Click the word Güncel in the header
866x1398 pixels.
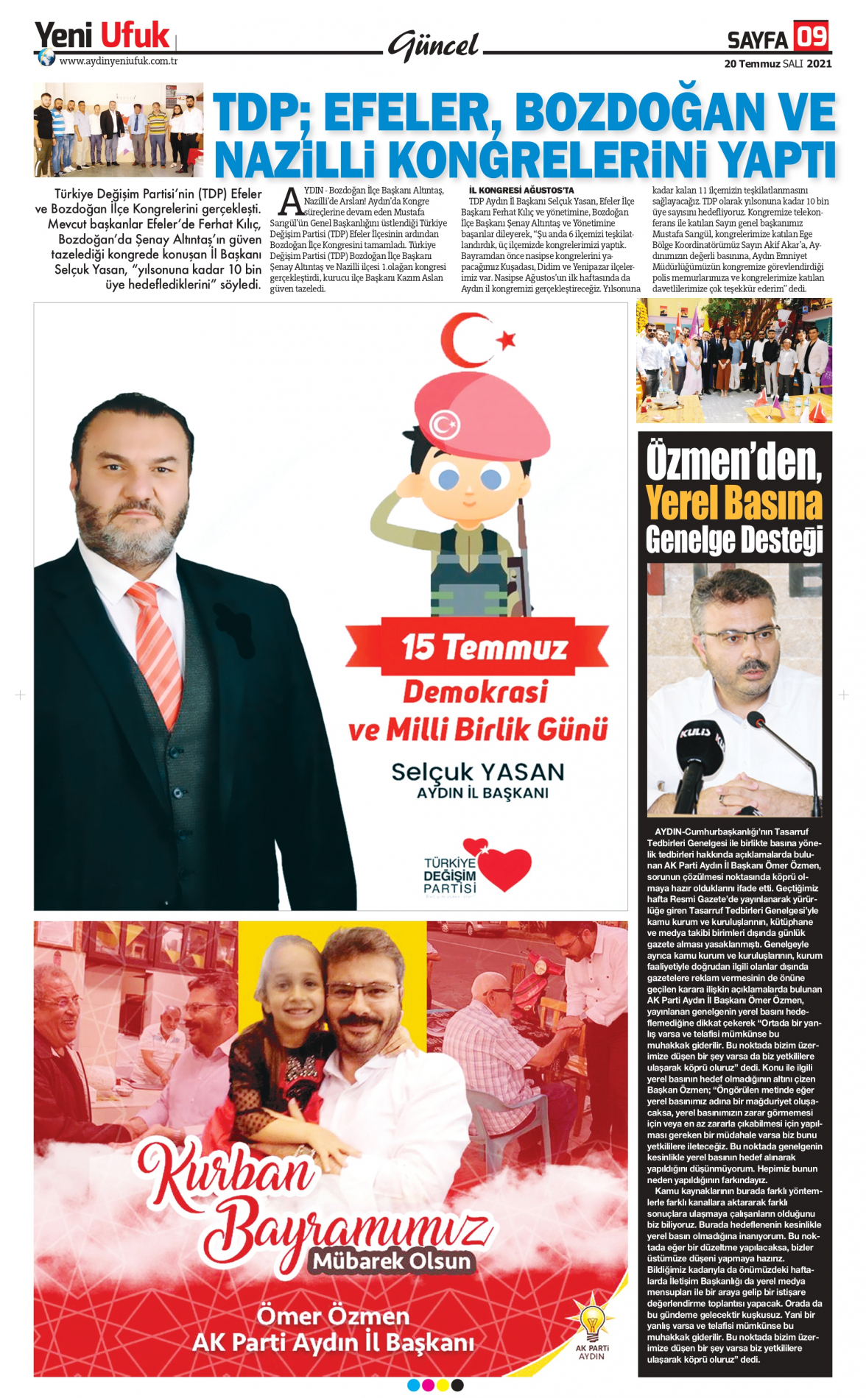click(x=434, y=46)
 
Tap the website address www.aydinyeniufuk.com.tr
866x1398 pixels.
click(x=118, y=61)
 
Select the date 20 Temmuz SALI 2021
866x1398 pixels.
click(x=778, y=64)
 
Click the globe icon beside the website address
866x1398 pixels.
click(x=46, y=58)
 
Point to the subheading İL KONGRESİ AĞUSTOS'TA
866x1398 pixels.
click(x=521, y=191)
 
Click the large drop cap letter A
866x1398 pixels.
click(x=292, y=202)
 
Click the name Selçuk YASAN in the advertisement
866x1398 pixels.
click(x=478, y=772)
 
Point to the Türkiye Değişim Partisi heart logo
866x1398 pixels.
click(x=478, y=867)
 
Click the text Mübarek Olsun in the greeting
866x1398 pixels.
click(x=392, y=1261)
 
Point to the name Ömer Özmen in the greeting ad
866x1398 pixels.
click(x=333, y=1315)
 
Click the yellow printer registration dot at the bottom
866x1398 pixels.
click(x=443, y=1385)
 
